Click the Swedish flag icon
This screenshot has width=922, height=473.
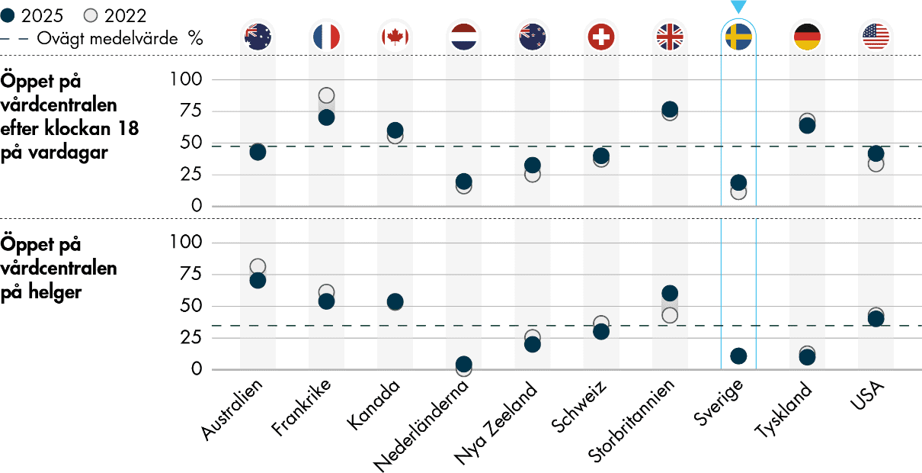click(738, 36)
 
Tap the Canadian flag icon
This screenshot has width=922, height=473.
click(394, 36)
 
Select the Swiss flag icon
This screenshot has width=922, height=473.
click(601, 36)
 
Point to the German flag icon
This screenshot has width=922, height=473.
click(807, 36)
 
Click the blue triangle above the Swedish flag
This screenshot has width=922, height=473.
click(738, 7)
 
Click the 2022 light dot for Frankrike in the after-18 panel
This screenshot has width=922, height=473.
click(326, 95)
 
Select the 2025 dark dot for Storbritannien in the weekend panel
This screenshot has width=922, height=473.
click(670, 294)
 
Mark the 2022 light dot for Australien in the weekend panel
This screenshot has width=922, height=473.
click(258, 267)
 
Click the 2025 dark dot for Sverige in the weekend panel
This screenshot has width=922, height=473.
click(738, 356)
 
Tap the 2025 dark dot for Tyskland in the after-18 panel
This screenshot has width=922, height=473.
click(807, 126)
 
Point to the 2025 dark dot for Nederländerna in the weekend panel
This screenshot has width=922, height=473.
click(463, 364)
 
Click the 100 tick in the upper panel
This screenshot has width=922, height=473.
click(190, 80)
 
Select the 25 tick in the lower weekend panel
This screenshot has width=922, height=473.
click(194, 338)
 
